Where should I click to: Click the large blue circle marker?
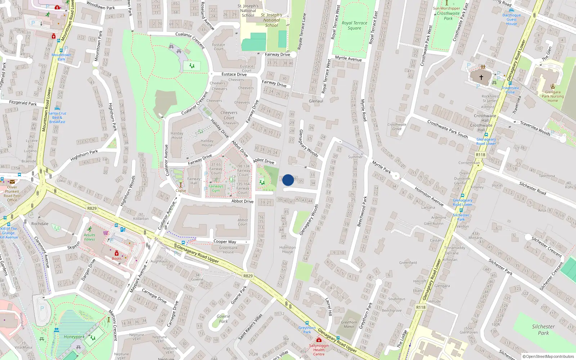pos(288,180)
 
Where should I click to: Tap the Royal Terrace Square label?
pos(354,25)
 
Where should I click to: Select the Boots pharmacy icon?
pos(117,253)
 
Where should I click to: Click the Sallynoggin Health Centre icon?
pos(319,340)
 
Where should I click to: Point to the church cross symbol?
pos(481,77)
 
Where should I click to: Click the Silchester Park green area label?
pos(543,329)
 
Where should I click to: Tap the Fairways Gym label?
pos(216,188)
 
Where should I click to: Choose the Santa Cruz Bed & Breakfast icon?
pos(57,108)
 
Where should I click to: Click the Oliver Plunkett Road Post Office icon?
pos(12,182)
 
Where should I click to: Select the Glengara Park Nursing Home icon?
pos(553,86)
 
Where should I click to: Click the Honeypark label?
pos(74,337)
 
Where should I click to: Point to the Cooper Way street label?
pos(225,242)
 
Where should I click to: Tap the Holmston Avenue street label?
pos(429,196)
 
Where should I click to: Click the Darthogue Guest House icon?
pos(512,10)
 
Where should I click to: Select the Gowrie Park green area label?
pos(223,319)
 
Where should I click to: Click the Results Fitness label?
pos(90,237)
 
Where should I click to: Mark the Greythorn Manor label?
pos(349,324)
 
